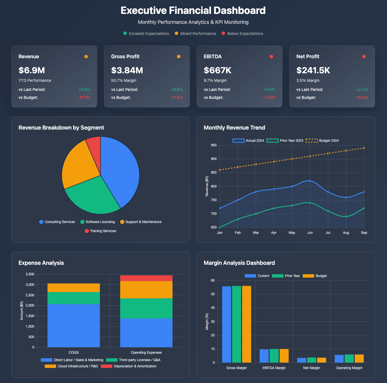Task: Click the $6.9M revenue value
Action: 32,70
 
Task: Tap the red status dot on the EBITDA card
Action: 271,57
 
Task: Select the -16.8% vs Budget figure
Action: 361,97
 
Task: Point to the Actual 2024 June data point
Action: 310,181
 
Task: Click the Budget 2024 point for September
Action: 364,148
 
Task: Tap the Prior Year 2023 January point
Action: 220,227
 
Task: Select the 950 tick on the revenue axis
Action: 214,145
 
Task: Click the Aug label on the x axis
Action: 346,233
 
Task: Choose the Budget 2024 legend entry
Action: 322,141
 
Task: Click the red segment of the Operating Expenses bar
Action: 146,278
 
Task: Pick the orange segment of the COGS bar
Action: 74,288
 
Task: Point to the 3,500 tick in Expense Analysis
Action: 30,274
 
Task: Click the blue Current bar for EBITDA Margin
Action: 264,356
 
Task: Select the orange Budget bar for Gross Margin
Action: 247,324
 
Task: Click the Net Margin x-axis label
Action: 311,368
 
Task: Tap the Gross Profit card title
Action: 125,57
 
